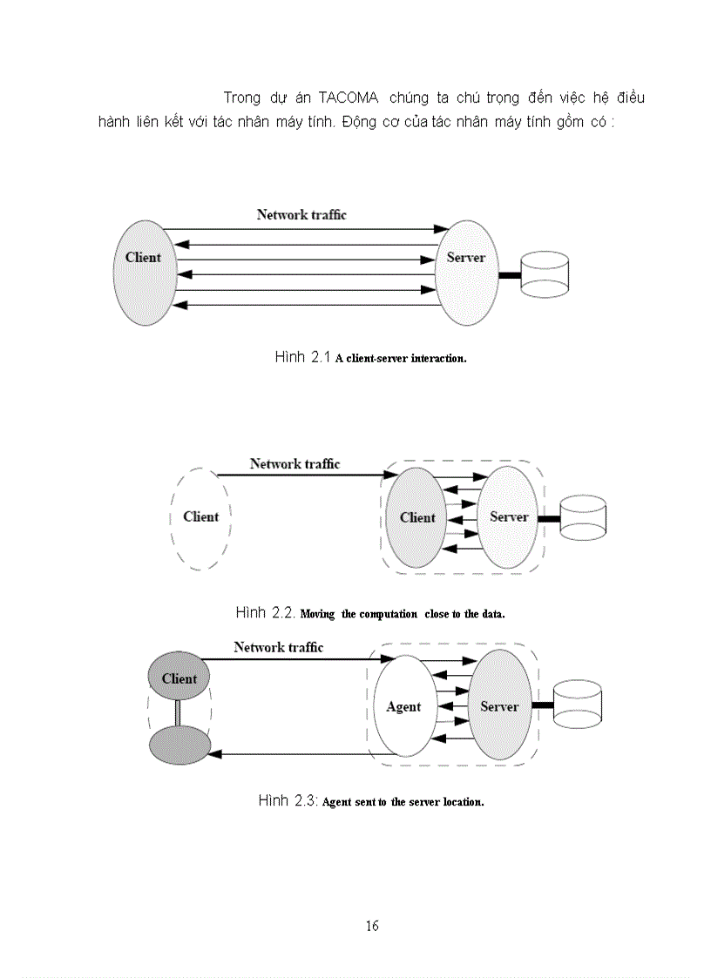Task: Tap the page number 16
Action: click(372, 926)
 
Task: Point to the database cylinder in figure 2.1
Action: click(545, 276)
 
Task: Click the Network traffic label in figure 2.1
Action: click(301, 214)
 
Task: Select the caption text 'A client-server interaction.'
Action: click(401, 359)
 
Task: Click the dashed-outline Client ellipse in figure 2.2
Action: click(200, 519)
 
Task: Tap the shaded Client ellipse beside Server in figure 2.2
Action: click(416, 518)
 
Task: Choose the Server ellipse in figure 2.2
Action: click(509, 518)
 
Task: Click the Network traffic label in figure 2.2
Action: click(295, 464)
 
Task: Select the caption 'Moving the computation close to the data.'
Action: click(403, 614)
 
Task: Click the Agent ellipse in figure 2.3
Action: click(403, 706)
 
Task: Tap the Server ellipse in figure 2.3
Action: click(500, 706)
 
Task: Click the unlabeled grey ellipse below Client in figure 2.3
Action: click(179, 745)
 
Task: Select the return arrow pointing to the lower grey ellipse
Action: click(288, 754)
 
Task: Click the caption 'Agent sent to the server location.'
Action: click(403, 802)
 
